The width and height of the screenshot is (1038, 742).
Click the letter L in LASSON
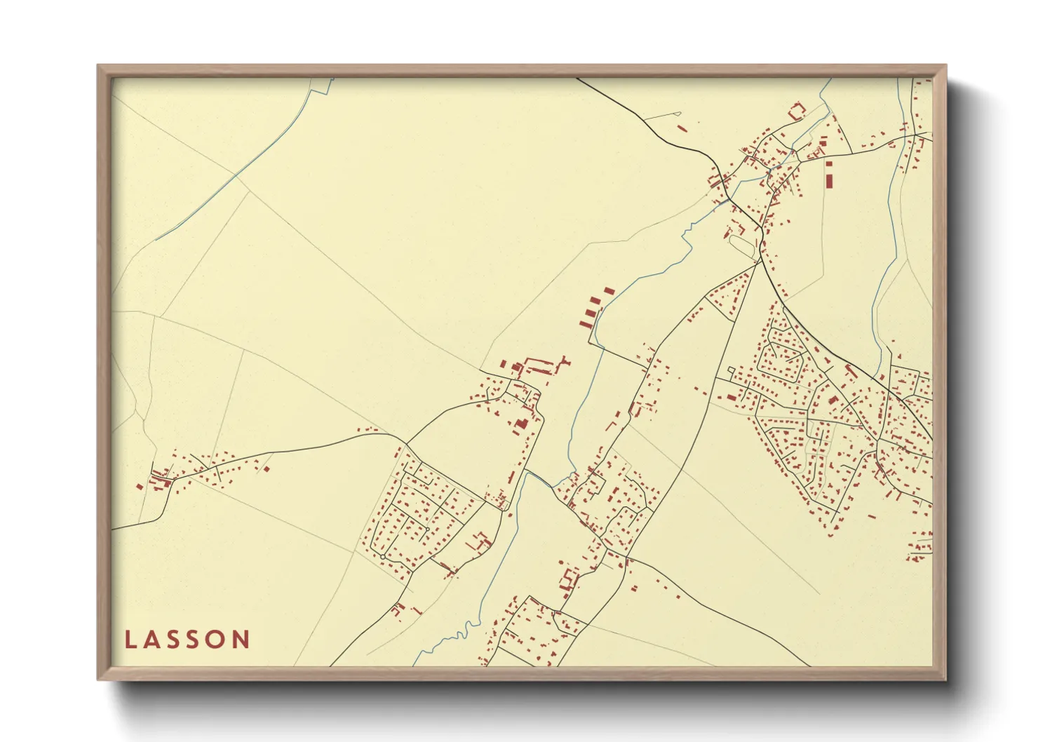click(130, 640)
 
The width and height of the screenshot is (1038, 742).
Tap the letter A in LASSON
click(152, 640)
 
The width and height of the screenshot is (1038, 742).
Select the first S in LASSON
click(175, 640)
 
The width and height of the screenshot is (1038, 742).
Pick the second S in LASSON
click(196, 640)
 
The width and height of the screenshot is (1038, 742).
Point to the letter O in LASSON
click(219, 640)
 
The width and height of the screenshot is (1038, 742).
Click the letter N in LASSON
click(242, 640)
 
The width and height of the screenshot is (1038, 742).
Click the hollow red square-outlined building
click(795, 111)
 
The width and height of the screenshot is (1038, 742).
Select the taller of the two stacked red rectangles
click(828, 180)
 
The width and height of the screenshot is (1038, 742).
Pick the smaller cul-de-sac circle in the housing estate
click(427, 528)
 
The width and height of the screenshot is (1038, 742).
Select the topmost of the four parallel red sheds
click(608, 290)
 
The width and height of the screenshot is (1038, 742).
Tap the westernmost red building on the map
click(140, 486)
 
